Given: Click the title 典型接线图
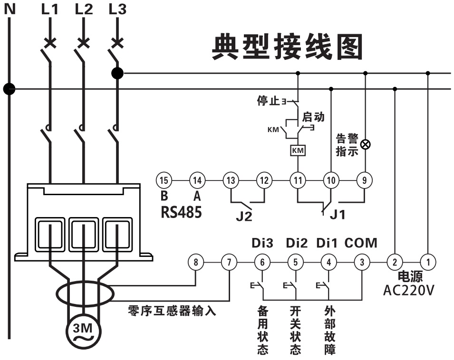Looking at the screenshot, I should [287, 47].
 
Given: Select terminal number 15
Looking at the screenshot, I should [164, 180].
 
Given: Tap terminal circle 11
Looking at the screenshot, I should [298, 180].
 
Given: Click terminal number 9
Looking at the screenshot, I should [365, 180].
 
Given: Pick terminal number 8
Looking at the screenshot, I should [196, 261].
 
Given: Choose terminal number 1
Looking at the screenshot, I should [428, 261].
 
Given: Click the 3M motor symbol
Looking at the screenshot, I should [83, 329].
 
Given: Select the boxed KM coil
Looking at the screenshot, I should [298, 150].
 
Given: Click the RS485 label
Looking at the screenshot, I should [181, 212].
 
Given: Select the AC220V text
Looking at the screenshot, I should [408, 290].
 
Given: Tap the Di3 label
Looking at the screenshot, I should [262, 243].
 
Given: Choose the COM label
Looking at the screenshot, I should [361, 243].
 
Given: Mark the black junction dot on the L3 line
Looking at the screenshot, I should [117, 73].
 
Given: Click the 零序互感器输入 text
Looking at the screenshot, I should [172, 312].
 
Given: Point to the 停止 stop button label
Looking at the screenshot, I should [268, 101].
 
